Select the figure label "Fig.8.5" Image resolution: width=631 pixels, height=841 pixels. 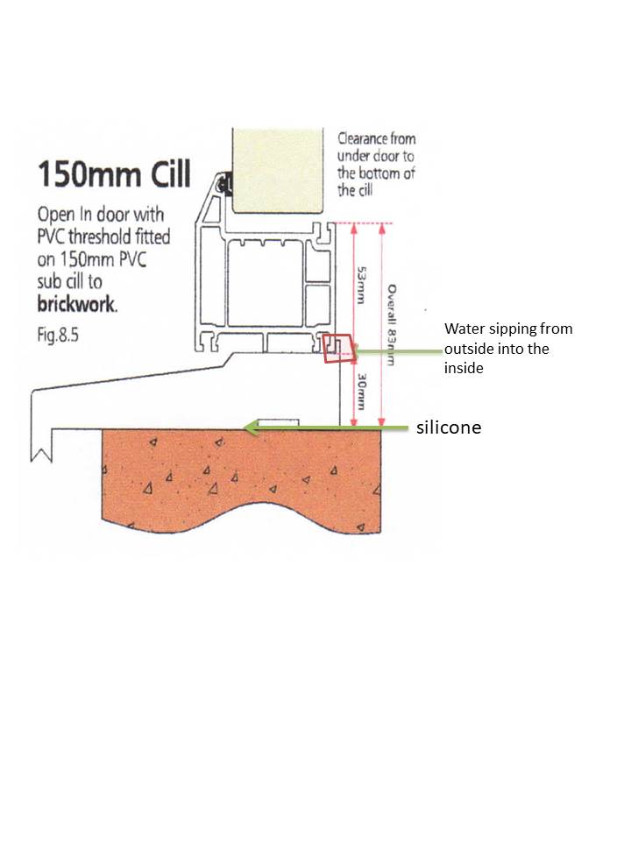click(58, 336)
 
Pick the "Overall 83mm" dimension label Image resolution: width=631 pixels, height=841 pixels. click(392, 325)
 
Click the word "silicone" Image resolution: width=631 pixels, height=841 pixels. click(449, 428)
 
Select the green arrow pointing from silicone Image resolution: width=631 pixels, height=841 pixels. click(326, 428)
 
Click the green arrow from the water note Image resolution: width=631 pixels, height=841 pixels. click(398, 352)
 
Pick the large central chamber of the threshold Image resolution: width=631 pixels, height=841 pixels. click(265, 283)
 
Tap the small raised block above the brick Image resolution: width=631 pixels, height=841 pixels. click(278, 423)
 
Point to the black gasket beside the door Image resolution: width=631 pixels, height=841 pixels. click(227, 185)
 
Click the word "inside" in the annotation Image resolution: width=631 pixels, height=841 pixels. click(464, 368)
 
